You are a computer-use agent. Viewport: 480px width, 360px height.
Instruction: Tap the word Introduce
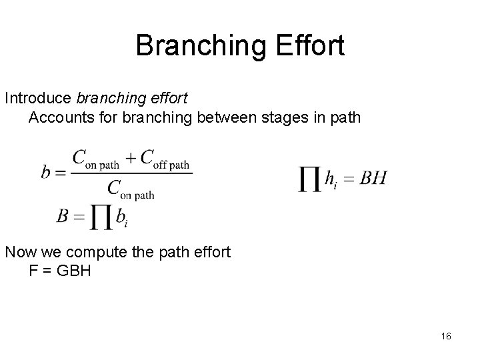(x=39, y=98)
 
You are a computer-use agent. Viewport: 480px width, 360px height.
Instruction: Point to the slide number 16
(x=446, y=337)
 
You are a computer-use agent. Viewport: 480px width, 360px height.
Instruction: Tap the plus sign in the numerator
(x=131, y=159)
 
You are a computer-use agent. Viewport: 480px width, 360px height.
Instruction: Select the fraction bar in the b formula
(x=131, y=173)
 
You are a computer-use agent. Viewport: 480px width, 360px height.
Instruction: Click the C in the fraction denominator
(x=115, y=187)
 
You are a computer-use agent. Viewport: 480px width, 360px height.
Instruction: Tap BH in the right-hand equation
(x=373, y=178)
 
